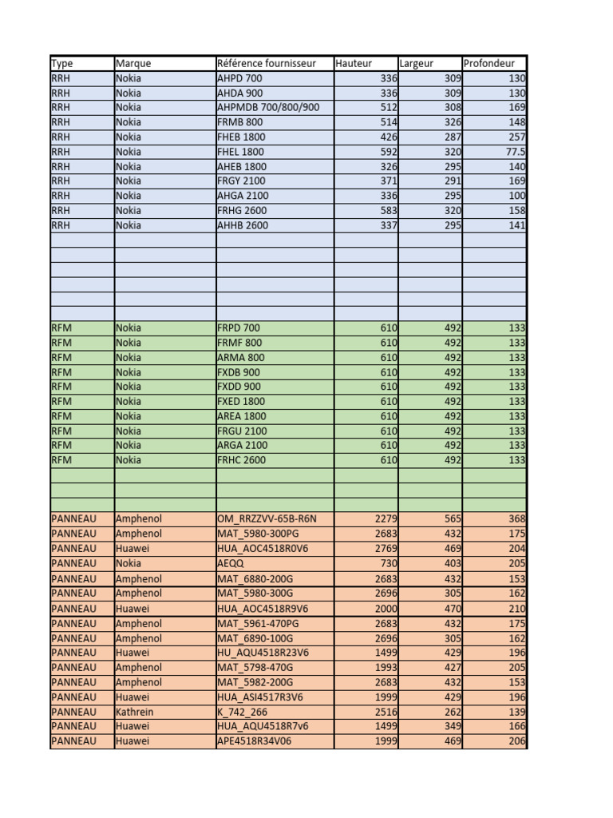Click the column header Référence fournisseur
pos(267,64)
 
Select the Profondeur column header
pos(489,64)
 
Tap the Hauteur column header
pos(354,64)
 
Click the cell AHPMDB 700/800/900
pos(268,107)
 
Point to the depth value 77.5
pos(515,152)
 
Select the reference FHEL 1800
pos(240,152)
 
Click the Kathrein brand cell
pos(135,712)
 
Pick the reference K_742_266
pos(242,712)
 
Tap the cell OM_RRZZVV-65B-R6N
pos(267,519)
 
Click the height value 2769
pos(386,549)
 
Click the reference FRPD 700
pos(239,328)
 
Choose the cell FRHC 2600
pos(242,460)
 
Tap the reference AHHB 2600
pos(243,225)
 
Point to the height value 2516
pos(386,712)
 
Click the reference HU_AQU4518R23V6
pos(263,653)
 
